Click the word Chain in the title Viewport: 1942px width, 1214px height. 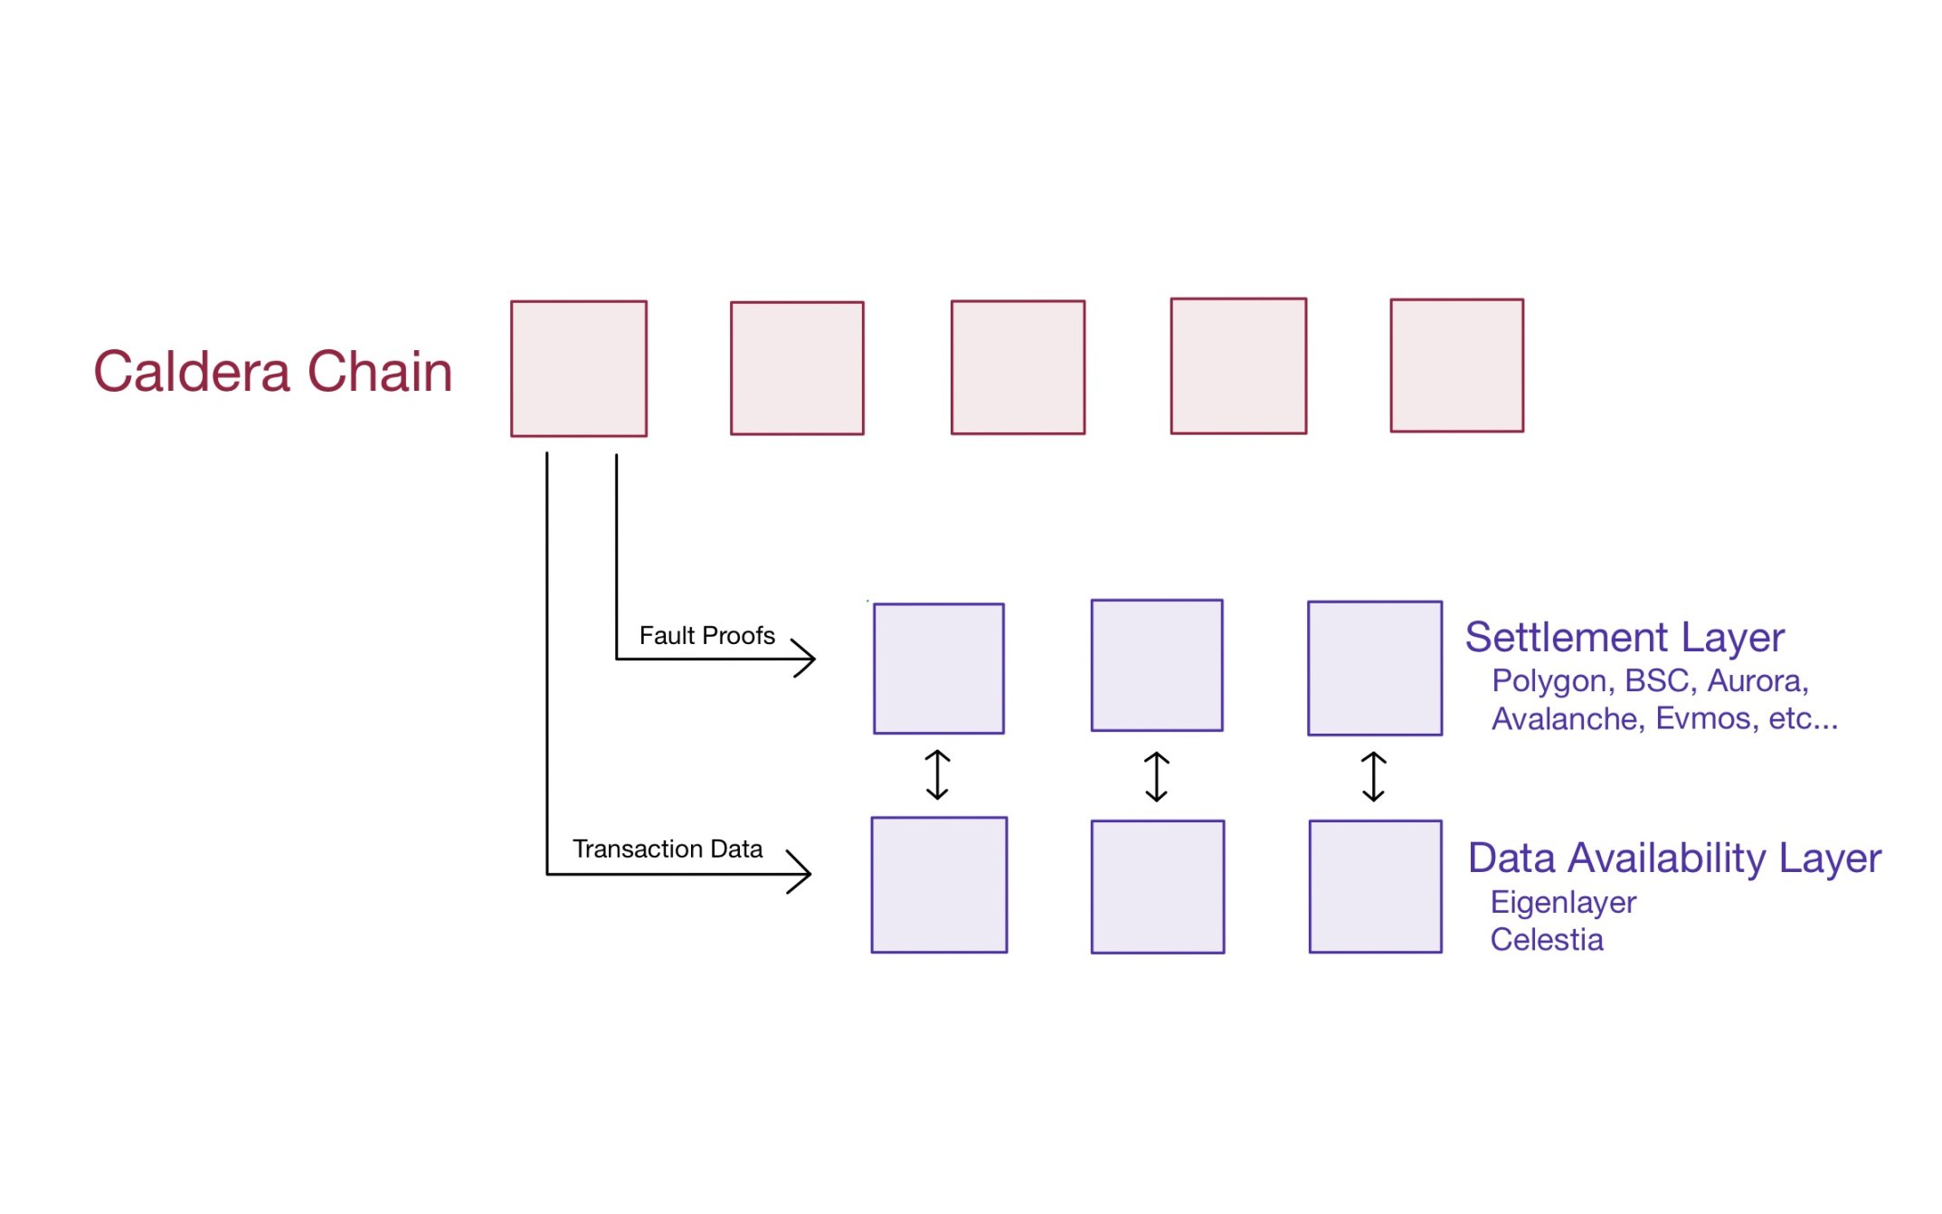point(379,372)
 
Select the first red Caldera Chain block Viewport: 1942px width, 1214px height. point(578,368)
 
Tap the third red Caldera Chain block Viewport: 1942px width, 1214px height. point(1018,367)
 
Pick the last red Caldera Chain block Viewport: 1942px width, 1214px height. point(1456,365)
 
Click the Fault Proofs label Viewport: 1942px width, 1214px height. point(706,635)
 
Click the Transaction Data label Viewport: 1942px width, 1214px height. point(667,849)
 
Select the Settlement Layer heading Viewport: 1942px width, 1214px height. point(1624,638)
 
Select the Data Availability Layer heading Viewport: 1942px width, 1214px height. point(1673,858)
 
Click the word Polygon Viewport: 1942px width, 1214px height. point(1549,681)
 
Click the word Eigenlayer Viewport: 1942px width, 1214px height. point(1562,902)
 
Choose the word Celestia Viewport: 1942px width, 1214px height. point(1546,940)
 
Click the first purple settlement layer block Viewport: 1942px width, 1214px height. point(938,669)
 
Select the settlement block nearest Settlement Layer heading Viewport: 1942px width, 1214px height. point(1374,669)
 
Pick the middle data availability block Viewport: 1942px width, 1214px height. point(1157,887)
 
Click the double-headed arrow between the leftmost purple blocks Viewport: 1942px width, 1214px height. point(937,775)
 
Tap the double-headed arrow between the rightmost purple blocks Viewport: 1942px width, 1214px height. point(1373,776)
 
